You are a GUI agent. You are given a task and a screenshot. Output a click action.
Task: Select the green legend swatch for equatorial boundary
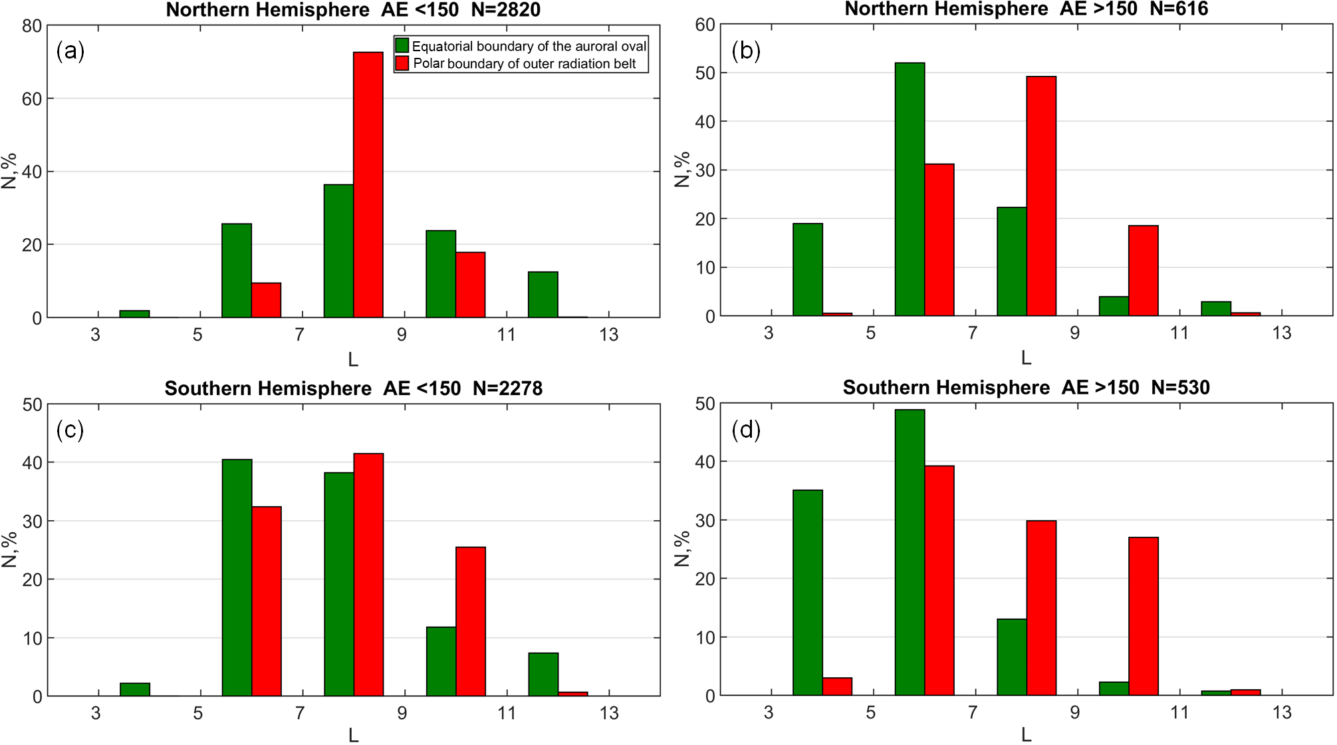point(402,45)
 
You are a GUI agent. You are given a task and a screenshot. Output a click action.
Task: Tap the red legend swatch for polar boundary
point(402,63)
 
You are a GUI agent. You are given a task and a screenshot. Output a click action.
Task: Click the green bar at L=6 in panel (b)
point(910,189)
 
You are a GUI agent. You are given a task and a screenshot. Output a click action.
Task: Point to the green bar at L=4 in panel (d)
point(808,593)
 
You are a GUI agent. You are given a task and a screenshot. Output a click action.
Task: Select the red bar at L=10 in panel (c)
point(471,621)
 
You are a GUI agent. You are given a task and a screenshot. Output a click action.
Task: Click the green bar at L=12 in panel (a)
point(543,294)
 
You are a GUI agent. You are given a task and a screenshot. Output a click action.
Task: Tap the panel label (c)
point(70,430)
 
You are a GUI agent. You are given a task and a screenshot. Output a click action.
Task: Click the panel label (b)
point(745,51)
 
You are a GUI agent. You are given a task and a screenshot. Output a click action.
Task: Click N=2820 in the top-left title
point(506,10)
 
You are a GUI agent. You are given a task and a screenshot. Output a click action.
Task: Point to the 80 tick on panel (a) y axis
point(32,26)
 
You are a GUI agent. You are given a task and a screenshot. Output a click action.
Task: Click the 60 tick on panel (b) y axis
point(705,25)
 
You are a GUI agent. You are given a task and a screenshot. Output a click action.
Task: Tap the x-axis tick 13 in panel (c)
point(609,713)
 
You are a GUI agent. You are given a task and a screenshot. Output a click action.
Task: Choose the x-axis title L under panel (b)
point(1026,359)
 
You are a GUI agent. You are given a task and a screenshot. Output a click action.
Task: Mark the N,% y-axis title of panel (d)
point(681,549)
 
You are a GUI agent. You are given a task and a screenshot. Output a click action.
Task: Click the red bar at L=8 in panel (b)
point(1041,196)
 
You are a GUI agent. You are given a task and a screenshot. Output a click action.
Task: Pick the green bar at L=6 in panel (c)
point(237,577)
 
